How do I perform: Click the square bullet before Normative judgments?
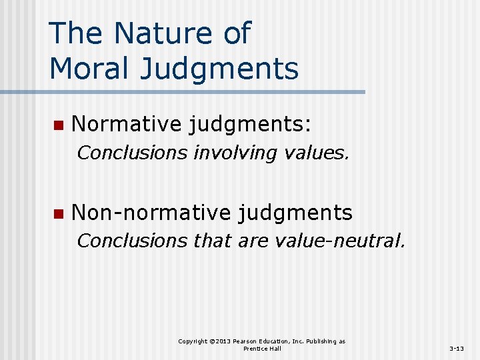click(58, 125)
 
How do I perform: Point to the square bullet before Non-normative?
click(58, 214)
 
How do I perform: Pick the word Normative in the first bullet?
click(126, 123)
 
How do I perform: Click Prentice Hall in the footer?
click(262, 349)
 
